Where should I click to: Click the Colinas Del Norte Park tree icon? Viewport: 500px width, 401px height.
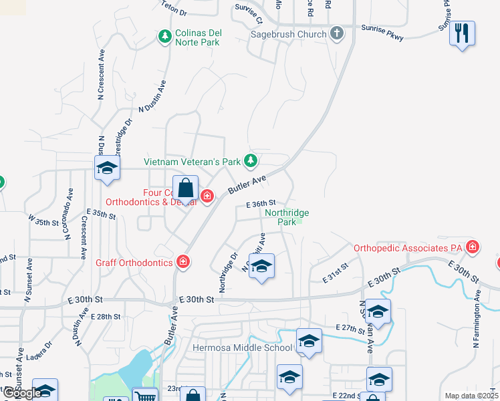[x=165, y=35]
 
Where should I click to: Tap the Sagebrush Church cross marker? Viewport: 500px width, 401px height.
[x=337, y=33]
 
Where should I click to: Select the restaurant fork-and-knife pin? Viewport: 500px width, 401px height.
[x=461, y=33]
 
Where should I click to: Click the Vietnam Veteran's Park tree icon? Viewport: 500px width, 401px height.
[x=250, y=160]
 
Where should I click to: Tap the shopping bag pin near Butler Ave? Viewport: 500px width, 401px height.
[x=186, y=188]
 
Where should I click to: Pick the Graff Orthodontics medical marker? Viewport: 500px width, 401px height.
[x=182, y=262]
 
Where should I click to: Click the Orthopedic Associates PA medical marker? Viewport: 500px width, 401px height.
[x=473, y=247]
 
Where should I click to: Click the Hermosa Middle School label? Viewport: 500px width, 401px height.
[x=242, y=348]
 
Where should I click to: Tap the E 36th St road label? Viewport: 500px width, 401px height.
[x=261, y=204]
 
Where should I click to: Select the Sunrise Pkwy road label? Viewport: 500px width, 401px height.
[x=382, y=33]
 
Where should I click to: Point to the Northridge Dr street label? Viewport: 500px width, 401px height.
[x=228, y=272]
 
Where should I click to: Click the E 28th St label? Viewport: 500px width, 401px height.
[x=105, y=316]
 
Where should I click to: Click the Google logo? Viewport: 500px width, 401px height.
[x=21, y=393]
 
